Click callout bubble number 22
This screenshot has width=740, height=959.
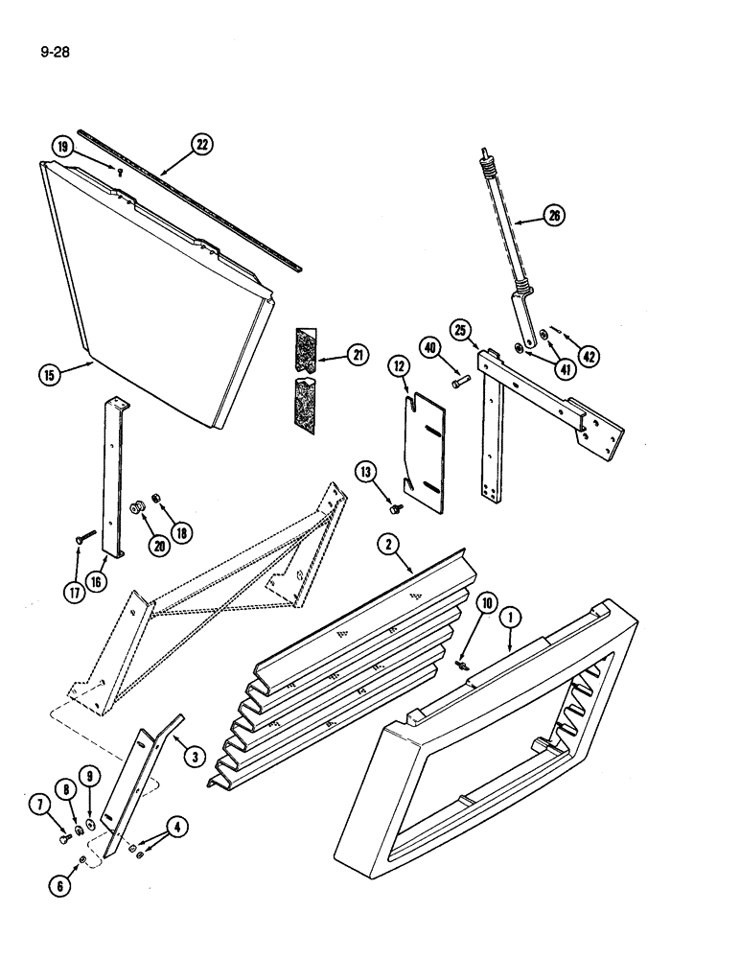[x=200, y=146]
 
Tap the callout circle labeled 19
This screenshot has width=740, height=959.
[x=63, y=147]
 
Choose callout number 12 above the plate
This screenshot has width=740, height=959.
[x=398, y=364]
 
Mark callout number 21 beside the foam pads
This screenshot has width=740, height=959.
[x=357, y=356]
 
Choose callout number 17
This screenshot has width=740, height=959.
[x=74, y=593]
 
